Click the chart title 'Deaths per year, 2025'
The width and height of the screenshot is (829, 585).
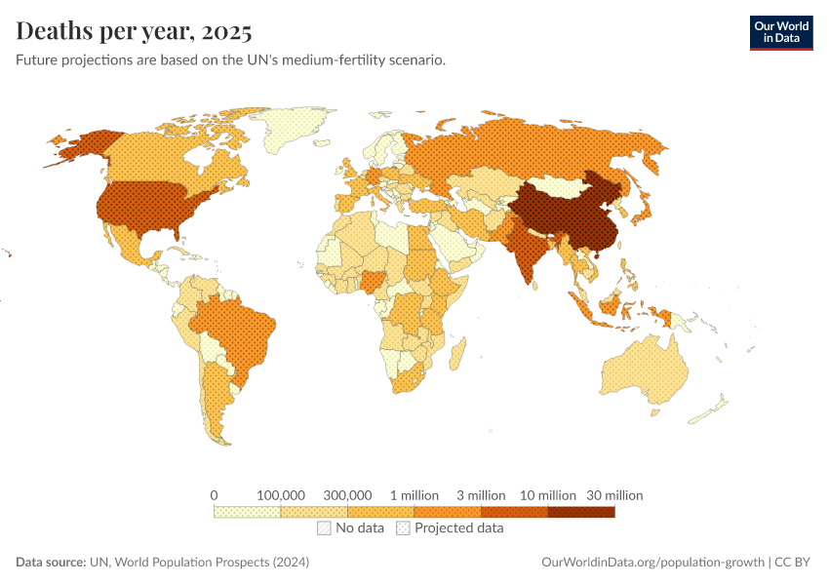pyautogui.click(x=134, y=31)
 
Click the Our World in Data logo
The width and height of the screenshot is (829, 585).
pyautogui.click(x=780, y=32)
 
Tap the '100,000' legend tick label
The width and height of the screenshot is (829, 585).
pyautogui.click(x=281, y=495)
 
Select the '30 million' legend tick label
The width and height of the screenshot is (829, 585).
pyautogui.click(x=613, y=495)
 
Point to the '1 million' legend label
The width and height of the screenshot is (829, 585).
pyautogui.click(x=414, y=495)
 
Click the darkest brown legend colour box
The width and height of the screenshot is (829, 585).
pyautogui.click(x=581, y=512)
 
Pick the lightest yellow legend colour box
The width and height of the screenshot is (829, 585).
pyautogui.click(x=248, y=512)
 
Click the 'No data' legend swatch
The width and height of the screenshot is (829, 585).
pyautogui.click(x=324, y=528)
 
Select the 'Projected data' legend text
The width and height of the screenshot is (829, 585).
pyautogui.click(x=458, y=528)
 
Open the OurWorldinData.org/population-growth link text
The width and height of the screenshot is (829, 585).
pyautogui.click(x=651, y=563)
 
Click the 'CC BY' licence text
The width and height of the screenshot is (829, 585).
pyautogui.click(x=796, y=563)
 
